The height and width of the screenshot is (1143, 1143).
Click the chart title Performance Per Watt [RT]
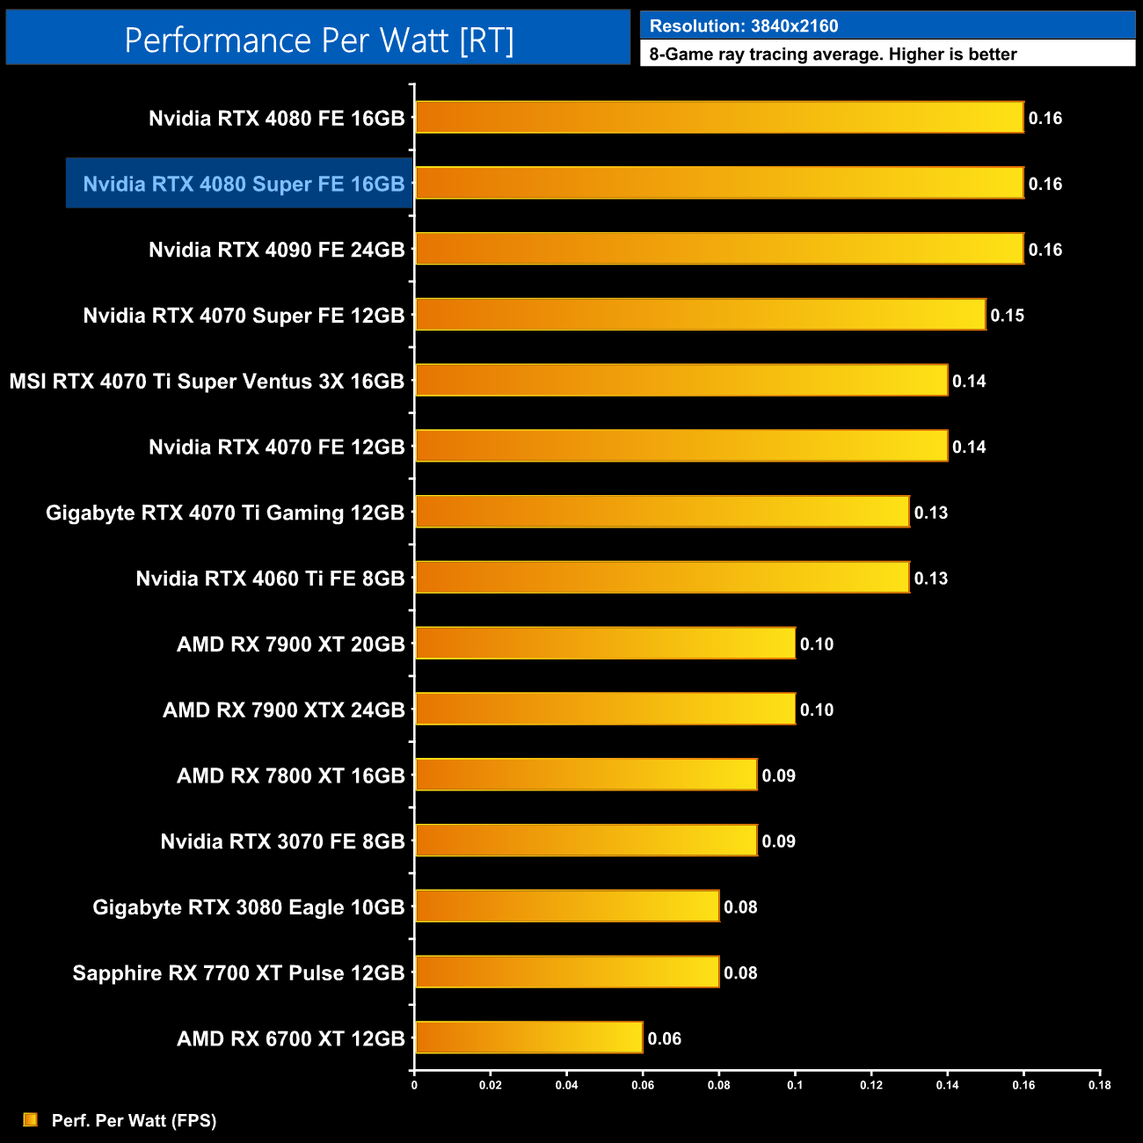318,40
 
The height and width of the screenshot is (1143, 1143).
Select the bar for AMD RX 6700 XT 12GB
528,1037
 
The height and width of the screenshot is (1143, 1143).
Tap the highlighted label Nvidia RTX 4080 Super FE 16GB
244,184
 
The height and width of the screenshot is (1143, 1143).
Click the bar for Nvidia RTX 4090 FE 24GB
719,249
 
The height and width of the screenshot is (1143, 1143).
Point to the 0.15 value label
1007,315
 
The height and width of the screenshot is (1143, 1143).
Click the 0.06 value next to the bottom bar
664,1038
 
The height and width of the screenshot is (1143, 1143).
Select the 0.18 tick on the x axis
1099,1085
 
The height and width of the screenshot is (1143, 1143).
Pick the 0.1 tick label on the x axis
795,1085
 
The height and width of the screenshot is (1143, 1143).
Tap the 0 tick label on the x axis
414,1085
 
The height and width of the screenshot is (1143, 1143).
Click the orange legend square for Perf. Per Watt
31,1119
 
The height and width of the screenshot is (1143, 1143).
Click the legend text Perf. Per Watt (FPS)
134,1120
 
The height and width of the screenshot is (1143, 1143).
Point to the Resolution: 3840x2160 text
744,26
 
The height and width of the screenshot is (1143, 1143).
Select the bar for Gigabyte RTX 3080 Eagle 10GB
567,906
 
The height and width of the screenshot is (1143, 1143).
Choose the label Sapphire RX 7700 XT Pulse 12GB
238,972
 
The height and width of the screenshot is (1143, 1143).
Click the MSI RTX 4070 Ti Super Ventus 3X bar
681,380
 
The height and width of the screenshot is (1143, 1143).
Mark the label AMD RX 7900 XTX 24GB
283,710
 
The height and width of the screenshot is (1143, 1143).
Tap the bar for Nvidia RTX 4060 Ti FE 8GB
662,577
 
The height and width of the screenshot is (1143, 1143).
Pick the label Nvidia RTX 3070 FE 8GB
282,841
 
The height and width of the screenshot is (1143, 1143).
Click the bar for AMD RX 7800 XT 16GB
586,774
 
